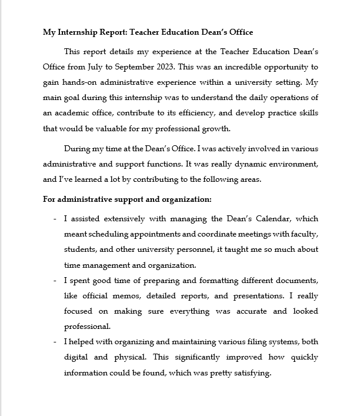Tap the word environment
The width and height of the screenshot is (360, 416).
290,164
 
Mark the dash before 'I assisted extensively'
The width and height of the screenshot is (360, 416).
55,219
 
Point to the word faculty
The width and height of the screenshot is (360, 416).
305,234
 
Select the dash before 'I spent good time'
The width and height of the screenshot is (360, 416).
55,280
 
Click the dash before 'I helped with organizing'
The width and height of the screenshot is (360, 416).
55,342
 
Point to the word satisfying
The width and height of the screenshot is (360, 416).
250,372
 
